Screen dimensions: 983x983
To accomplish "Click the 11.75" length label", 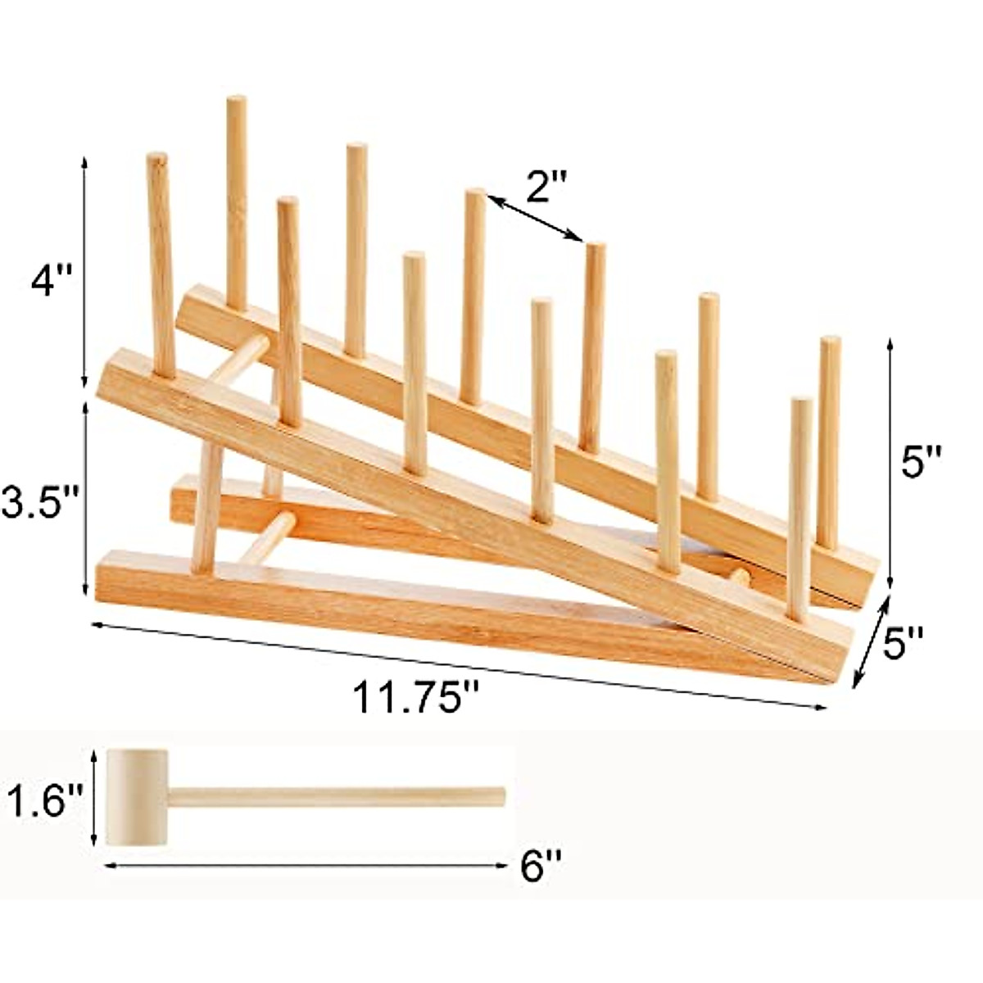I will [x=415, y=698].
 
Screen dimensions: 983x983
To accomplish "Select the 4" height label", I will [x=51, y=283].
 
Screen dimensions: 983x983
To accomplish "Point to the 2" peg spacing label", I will [x=546, y=187].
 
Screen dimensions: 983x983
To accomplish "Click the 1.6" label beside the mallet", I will [x=47, y=801].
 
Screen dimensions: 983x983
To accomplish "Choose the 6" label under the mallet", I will [x=540, y=866].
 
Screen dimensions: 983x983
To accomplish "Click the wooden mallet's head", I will [x=137, y=797].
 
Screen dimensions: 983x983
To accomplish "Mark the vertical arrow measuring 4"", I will [x=84, y=270].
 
